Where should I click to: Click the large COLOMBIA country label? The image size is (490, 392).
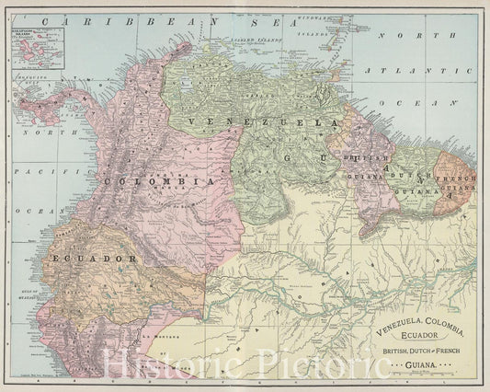click(x=160, y=181)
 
